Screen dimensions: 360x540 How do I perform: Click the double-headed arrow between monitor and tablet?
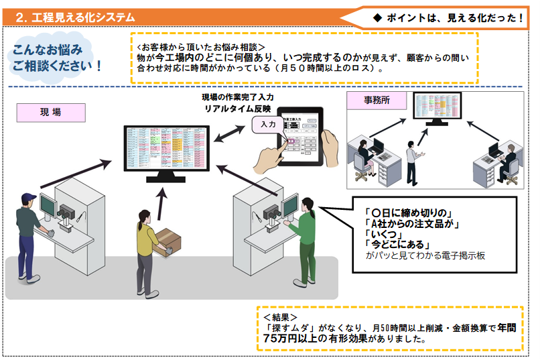point(230,132)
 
